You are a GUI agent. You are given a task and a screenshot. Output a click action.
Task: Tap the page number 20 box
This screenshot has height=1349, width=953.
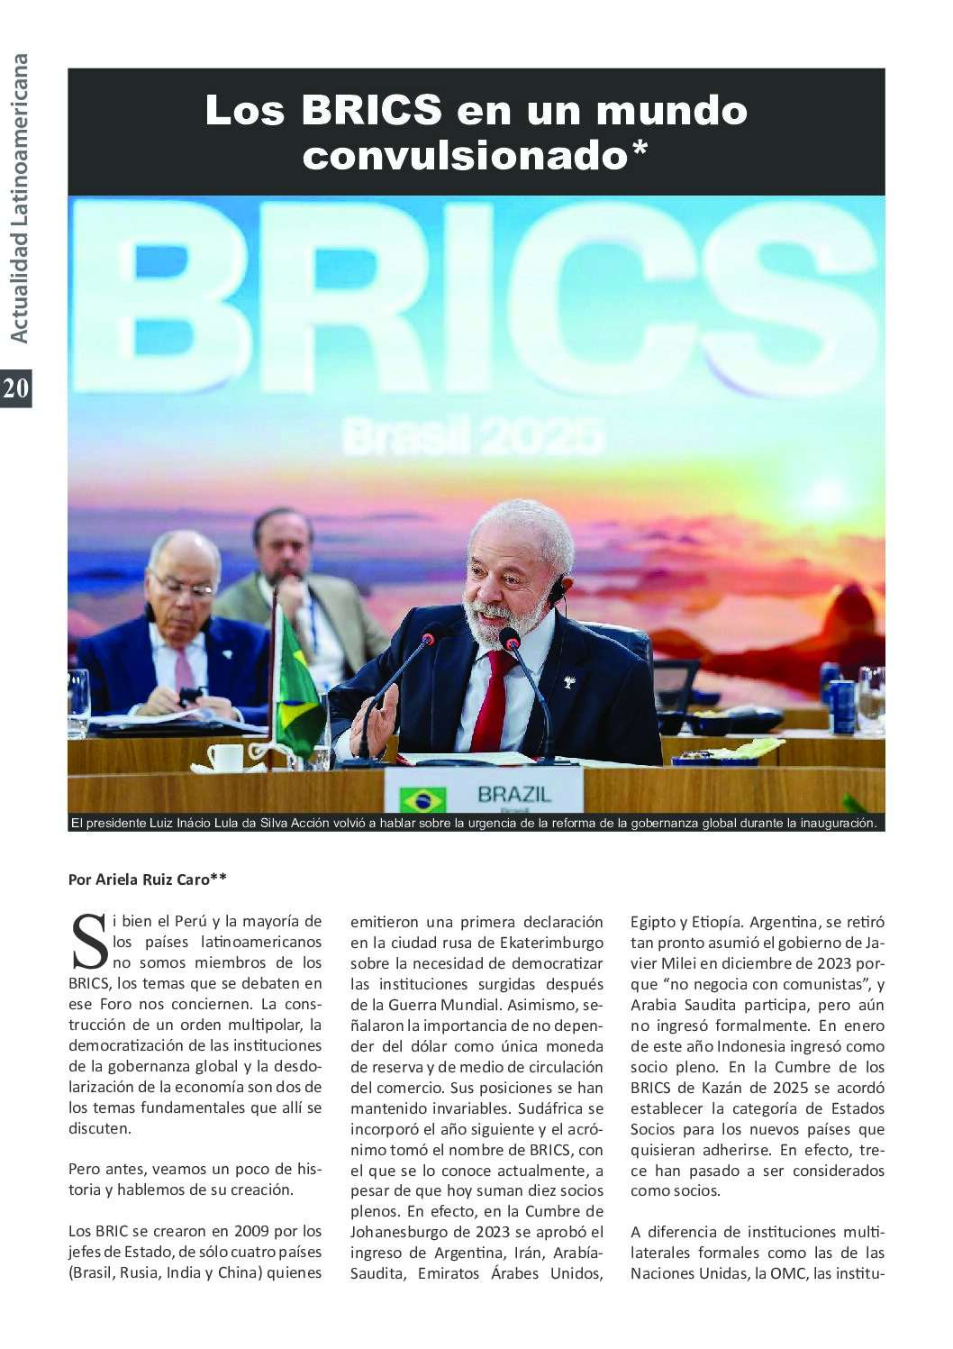[16, 388]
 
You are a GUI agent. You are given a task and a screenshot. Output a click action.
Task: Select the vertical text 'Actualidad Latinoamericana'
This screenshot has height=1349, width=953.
[18, 198]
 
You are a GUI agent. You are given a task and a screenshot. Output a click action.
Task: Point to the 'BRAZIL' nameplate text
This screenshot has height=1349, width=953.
[514, 795]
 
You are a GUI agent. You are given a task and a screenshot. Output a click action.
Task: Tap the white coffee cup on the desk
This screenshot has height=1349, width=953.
[225, 757]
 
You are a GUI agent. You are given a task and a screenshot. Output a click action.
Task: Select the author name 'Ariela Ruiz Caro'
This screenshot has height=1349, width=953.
[152, 880]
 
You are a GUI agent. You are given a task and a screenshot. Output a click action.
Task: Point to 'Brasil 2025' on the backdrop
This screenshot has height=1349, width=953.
[473, 439]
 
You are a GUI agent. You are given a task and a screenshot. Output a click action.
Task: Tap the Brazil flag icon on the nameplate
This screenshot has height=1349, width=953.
[422, 799]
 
